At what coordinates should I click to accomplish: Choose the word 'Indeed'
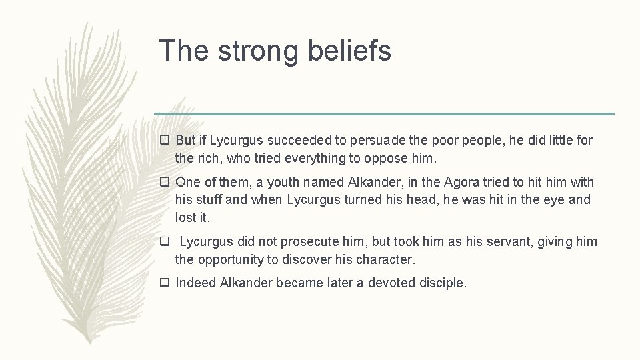tap(196, 283)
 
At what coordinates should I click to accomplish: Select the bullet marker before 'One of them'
tap(164, 183)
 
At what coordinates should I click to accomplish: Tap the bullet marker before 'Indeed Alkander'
tap(164, 283)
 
